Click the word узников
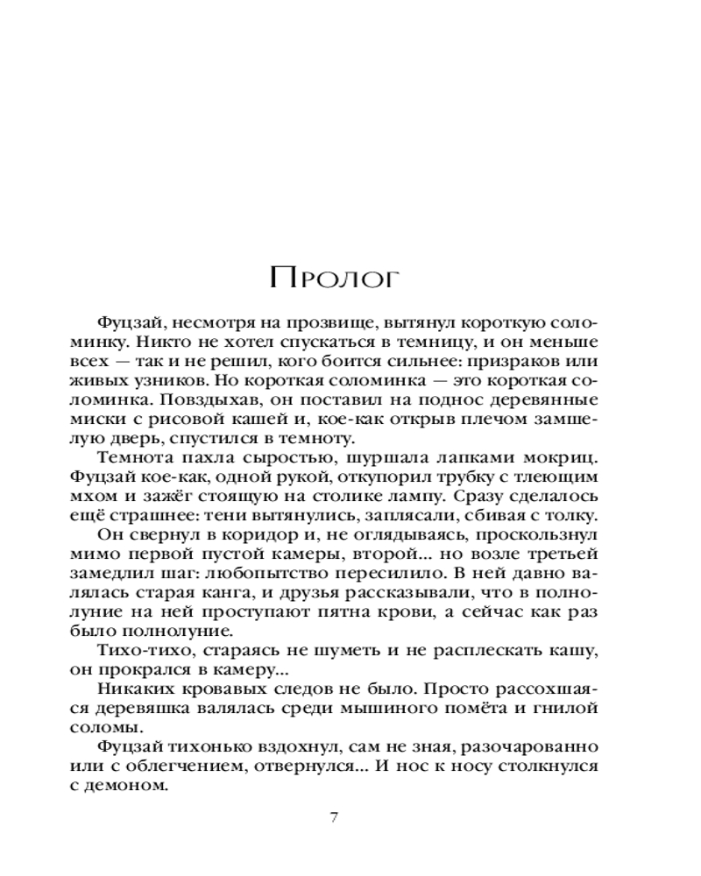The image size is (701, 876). click(x=190, y=383)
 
